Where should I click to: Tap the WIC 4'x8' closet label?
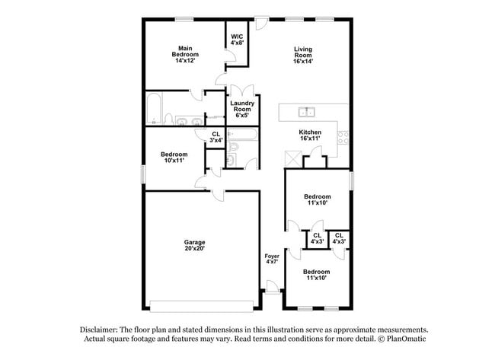click(x=237, y=40)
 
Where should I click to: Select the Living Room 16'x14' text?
click(x=303, y=55)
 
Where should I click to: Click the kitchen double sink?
click(x=308, y=113)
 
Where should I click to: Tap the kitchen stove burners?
click(x=343, y=138)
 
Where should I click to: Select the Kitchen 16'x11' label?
click(x=310, y=135)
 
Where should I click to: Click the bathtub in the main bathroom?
click(x=152, y=109)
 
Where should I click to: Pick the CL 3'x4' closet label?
click(x=216, y=137)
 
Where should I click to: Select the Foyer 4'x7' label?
click(x=272, y=260)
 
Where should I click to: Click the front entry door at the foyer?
click(x=271, y=288)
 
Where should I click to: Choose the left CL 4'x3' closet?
click(x=317, y=239)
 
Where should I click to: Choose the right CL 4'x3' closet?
click(x=339, y=239)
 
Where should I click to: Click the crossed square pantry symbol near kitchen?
click(x=291, y=158)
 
